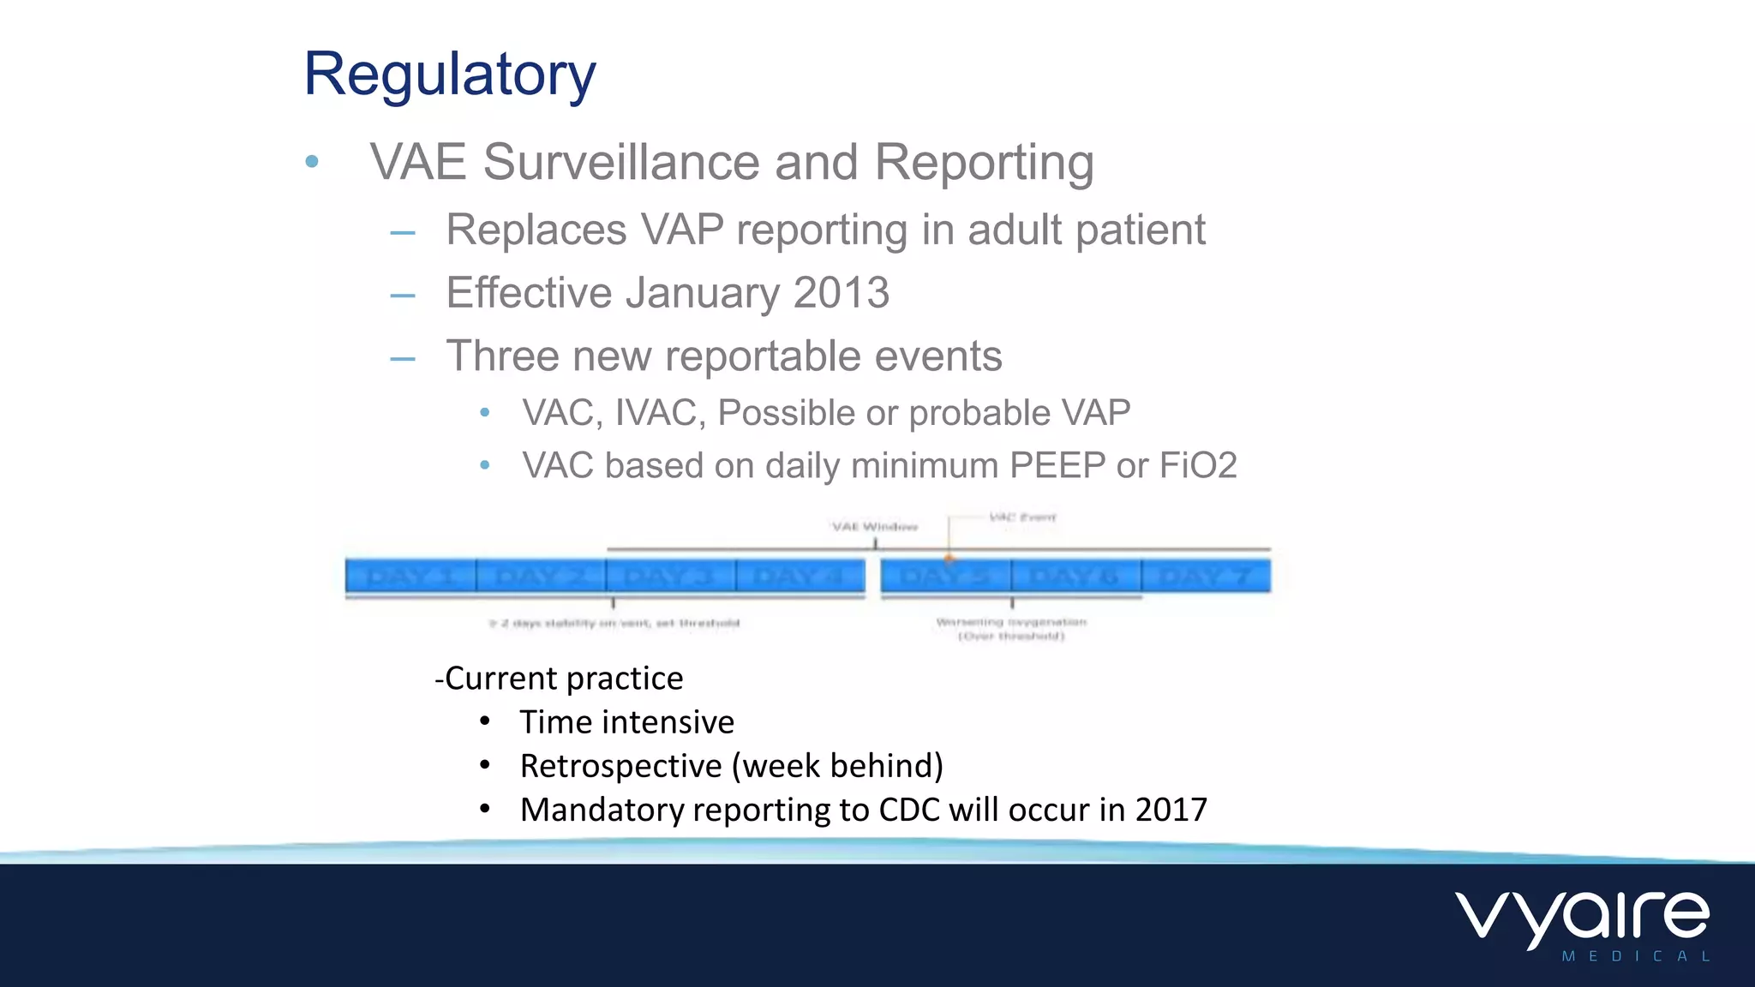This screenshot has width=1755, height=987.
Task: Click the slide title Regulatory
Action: click(x=449, y=75)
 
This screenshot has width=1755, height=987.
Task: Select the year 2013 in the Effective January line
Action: click(x=841, y=293)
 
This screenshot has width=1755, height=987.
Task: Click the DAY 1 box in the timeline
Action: click(x=410, y=576)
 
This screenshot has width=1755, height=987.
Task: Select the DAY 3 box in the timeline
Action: click(x=670, y=576)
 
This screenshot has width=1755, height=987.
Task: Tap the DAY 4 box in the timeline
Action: click(x=800, y=576)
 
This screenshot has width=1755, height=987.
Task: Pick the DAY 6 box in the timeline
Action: click(x=1075, y=576)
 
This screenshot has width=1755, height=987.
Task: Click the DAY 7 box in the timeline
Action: click(x=1206, y=576)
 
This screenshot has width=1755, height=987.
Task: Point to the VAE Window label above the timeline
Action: click(x=875, y=526)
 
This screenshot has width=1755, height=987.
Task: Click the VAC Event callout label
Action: click(x=1022, y=517)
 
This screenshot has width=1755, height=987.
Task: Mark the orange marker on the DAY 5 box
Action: click(x=949, y=559)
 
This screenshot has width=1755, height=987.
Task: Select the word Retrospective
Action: click(x=620, y=766)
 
